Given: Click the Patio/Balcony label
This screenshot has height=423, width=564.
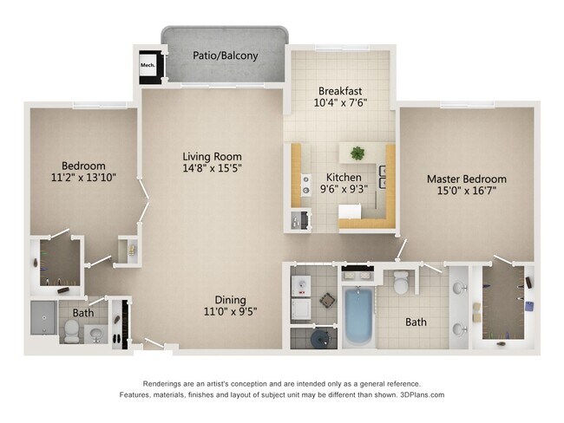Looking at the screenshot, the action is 226,55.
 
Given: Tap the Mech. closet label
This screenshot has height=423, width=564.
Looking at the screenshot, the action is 148,65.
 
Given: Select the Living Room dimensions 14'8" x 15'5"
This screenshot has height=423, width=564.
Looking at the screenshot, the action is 212,168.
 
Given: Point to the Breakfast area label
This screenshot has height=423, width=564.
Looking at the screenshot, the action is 340,90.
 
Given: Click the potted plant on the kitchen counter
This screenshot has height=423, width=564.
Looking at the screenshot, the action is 357,153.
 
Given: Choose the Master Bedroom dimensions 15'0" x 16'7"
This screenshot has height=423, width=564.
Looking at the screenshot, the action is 467,190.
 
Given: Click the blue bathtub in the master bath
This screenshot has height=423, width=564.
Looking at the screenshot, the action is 357,316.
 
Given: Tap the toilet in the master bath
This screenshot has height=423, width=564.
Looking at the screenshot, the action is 401,282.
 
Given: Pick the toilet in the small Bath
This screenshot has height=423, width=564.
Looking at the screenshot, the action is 71,331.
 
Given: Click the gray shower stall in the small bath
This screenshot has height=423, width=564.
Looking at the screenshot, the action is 44,318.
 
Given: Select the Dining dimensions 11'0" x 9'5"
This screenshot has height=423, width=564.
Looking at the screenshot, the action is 230,311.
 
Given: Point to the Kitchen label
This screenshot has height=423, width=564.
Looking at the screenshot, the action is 344,177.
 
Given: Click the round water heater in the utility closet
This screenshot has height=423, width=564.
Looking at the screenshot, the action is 320,339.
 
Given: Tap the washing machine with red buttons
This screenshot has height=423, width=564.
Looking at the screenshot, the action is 301,286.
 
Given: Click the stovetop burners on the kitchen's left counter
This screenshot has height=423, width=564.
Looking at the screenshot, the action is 306,184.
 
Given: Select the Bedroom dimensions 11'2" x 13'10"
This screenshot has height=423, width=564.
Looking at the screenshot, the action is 83,178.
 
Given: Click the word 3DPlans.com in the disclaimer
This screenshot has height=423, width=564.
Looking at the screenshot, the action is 423,394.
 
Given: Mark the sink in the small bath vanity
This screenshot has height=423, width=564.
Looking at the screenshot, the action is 96,335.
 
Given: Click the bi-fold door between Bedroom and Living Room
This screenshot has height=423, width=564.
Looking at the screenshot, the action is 144,203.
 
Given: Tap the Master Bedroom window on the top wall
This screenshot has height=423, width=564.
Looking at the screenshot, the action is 467,104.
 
